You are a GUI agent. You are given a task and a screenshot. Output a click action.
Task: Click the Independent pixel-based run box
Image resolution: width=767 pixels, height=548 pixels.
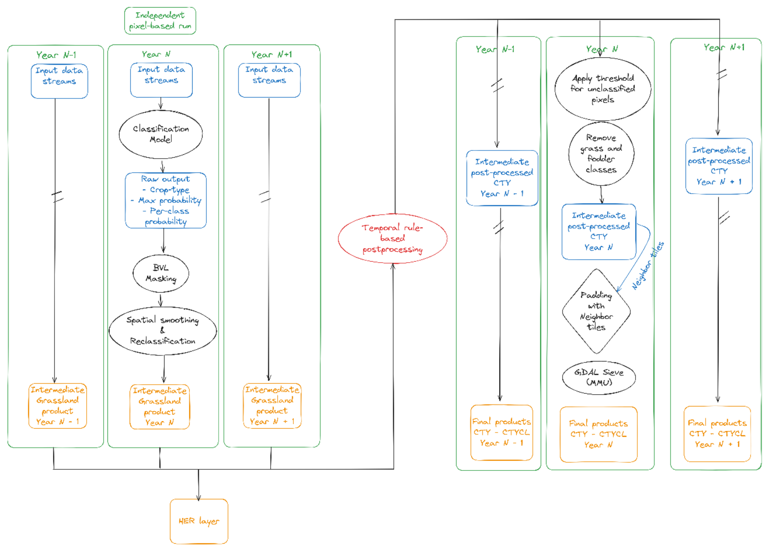click(x=160, y=20)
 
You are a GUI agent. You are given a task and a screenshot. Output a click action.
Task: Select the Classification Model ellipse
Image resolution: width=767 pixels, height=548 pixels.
click(x=160, y=134)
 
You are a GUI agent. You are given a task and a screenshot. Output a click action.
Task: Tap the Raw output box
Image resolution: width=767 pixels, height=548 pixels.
click(x=166, y=200)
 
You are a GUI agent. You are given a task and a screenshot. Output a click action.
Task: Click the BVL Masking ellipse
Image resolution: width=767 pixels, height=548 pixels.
click(x=160, y=274)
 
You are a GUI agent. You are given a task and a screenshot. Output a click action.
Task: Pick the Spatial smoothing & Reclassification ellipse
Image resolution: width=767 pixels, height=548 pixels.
click(x=163, y=331)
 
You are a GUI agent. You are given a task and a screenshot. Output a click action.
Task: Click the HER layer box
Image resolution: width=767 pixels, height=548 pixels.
click(x=199, y=521)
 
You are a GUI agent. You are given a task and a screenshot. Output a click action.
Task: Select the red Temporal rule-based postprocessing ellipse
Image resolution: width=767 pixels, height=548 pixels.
click(x=393, y=239)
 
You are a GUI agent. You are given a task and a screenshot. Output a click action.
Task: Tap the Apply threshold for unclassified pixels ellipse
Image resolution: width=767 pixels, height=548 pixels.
click(x=603, y=88)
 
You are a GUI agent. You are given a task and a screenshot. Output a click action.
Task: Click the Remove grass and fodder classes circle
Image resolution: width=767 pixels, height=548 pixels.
click(x=601, y=154)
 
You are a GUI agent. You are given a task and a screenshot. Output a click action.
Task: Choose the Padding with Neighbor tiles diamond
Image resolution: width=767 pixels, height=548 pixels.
click(x=597, y=311)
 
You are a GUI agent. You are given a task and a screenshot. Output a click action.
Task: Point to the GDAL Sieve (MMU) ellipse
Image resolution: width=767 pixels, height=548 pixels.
click(x=599, y=378)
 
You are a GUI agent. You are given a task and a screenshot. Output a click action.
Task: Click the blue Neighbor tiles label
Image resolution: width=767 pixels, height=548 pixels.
click(x=648, y=266)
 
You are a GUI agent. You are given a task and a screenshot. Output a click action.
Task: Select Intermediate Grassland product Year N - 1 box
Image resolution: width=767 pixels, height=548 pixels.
click(x=58, y=406)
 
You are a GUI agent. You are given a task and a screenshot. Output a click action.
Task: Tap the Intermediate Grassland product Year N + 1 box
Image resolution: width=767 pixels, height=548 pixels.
click(x=272, y=406)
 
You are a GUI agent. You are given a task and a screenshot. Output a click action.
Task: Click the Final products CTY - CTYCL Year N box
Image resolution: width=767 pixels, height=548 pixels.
click(x=599, y=434)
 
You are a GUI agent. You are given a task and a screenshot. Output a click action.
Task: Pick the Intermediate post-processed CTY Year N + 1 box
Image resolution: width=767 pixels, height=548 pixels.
click(x=719, y=166)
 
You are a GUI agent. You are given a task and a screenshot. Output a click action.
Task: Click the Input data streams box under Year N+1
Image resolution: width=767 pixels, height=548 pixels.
click(x=270, y=80)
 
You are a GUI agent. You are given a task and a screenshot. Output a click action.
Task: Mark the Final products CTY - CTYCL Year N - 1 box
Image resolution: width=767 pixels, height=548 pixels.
click(x=502, y=433)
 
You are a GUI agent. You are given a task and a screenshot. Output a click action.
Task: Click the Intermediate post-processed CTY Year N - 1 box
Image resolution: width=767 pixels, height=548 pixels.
click(x=503, y=178)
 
